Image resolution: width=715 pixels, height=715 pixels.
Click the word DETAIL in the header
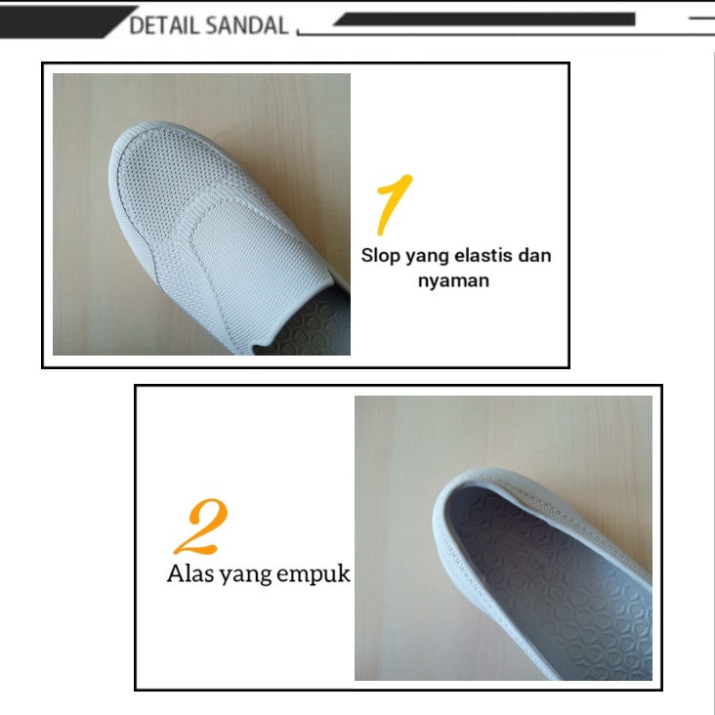163,25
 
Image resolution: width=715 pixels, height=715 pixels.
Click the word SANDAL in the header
247,25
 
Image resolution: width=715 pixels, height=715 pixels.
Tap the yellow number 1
394,204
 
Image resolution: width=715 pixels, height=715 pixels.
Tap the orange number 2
200,526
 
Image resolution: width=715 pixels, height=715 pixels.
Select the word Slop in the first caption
380,256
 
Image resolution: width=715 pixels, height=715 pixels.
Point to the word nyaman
454,281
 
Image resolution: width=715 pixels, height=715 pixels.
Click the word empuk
314,574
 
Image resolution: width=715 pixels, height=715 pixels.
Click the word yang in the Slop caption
427,257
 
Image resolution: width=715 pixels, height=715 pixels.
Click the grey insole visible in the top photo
310,327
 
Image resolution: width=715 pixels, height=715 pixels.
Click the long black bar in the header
484,20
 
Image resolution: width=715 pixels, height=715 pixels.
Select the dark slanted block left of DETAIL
63,21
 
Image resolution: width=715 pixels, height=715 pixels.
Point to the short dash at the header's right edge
701,19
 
